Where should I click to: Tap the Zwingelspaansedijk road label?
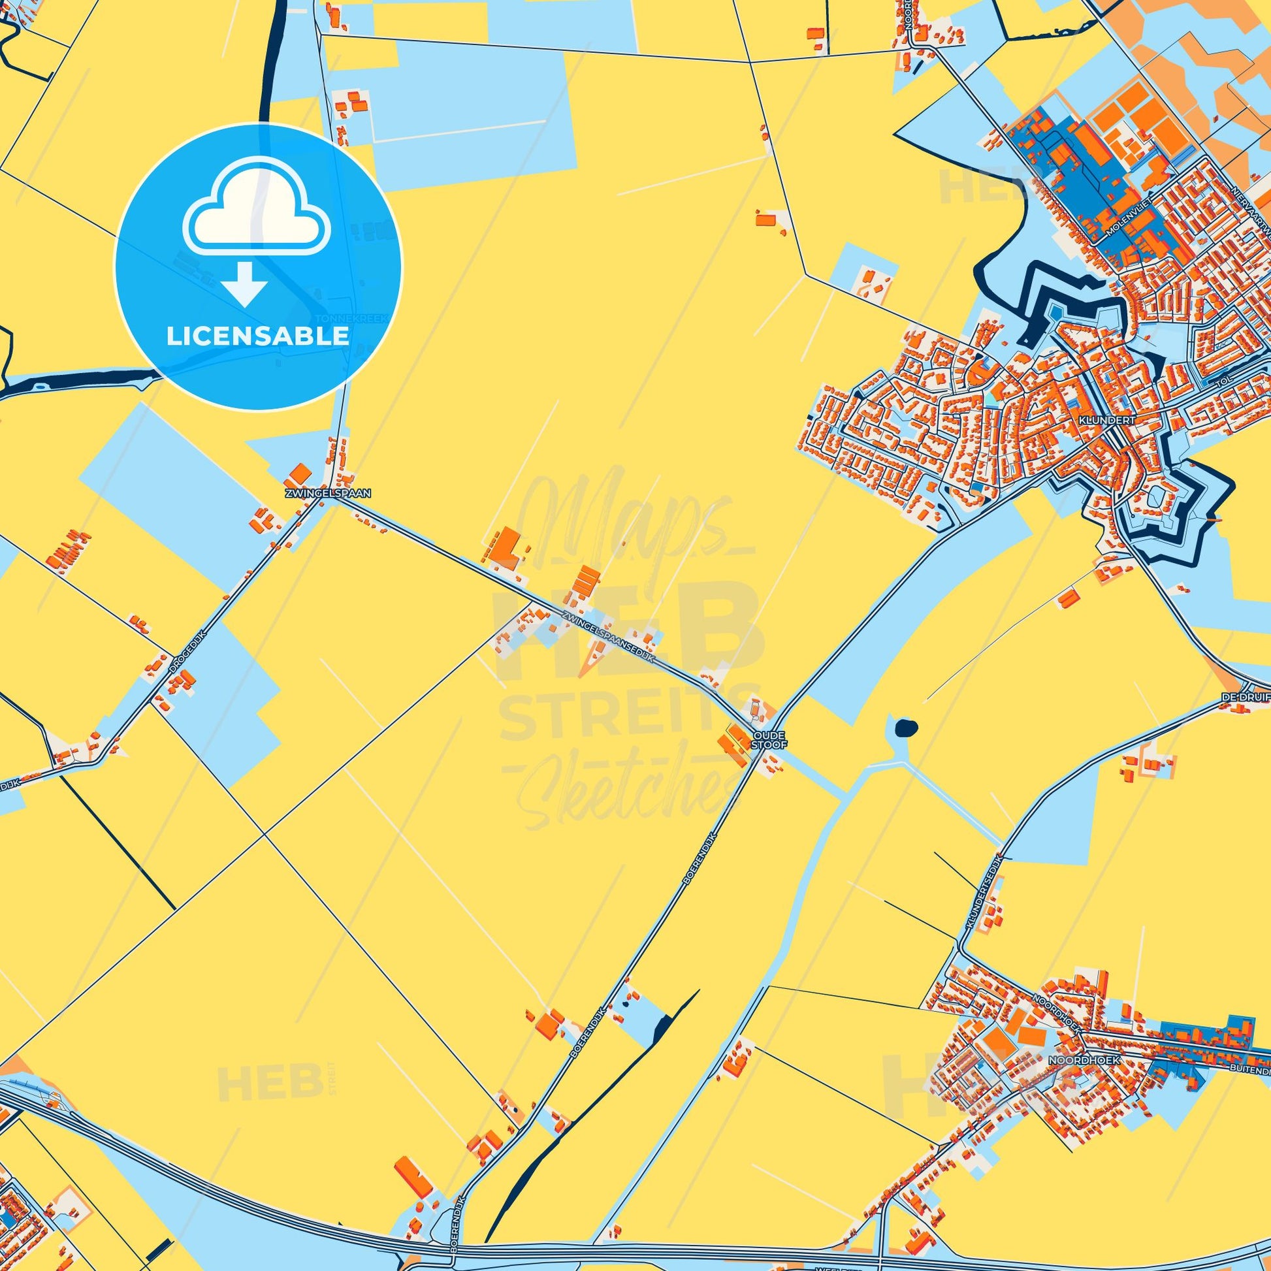(x=609, y=637)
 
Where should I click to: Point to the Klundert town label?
(x=1098, y=418)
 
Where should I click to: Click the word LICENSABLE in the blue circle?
(x=257, y=336)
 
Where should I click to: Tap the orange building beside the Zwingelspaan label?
(x=300, y=473)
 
